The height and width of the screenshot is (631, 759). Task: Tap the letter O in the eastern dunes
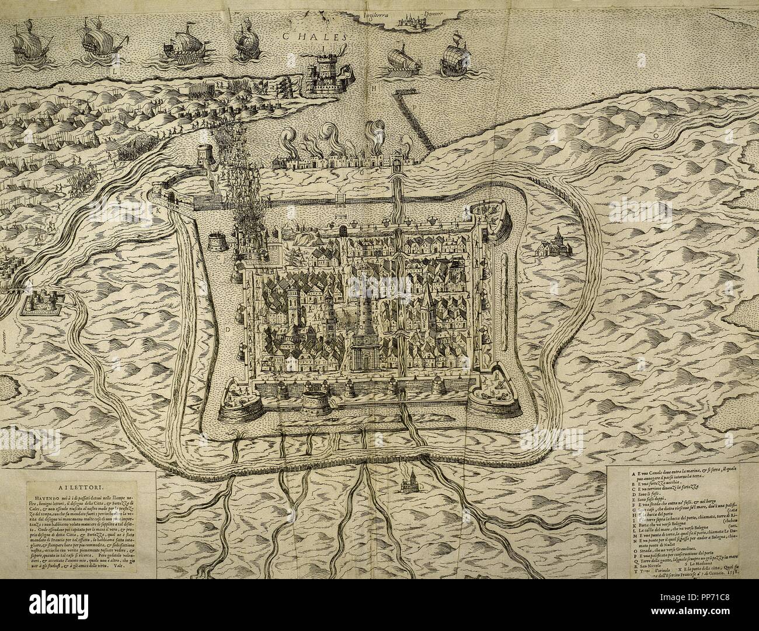pyautogui.click(x=656, y=135)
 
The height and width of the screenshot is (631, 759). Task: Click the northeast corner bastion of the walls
pyautogui.click(x=489, y=219)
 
